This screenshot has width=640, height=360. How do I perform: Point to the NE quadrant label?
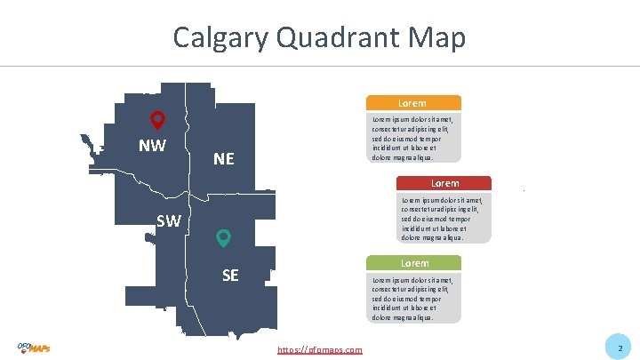point(224,159)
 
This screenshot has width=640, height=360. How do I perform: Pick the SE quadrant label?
point(230,275)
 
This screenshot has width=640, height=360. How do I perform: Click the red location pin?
point(157,120)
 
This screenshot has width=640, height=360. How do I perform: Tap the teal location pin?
point(224,238)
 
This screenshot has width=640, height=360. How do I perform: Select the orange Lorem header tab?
point(413,103)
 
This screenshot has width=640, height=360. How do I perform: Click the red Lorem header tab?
point(442,183)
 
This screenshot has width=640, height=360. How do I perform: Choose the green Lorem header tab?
point(414,263)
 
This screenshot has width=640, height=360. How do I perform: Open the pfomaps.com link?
point(320,350)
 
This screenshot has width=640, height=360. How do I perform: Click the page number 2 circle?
point(620,348)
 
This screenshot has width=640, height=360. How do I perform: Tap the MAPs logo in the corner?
point(34,348)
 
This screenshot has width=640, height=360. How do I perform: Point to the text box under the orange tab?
point(413,137)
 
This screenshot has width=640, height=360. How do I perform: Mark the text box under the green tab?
point(413,297)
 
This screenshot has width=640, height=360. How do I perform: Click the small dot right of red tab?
point(524,190)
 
